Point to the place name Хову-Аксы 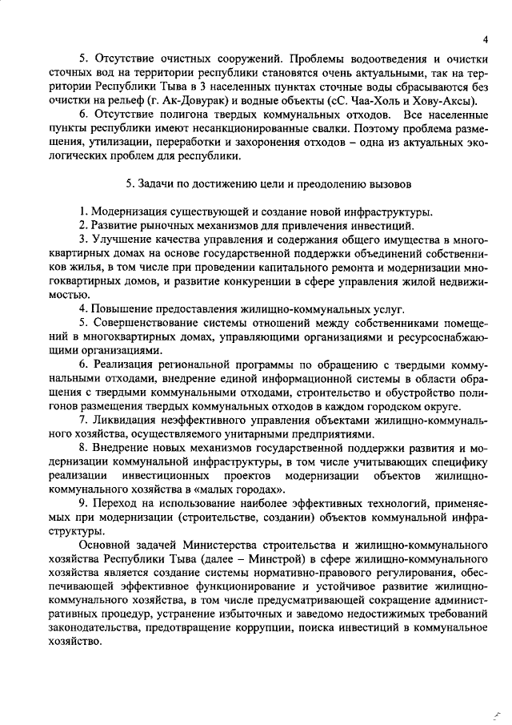click(x=445, y=100)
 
